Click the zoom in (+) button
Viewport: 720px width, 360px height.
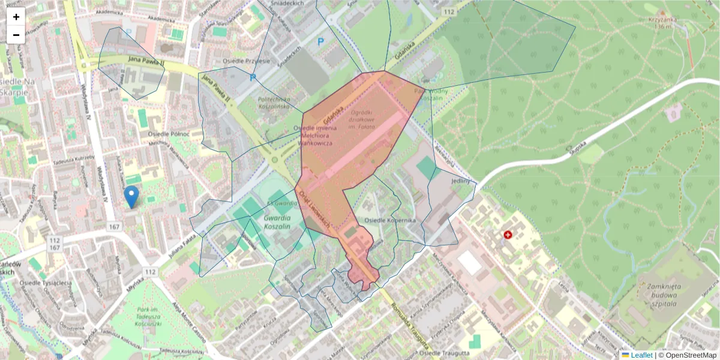point(16,17)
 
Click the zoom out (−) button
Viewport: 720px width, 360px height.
point(16,35)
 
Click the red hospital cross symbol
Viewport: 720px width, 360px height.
point(509,235)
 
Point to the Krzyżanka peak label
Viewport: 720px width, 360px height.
point(662,22)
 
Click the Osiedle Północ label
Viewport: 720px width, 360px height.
point(169,133)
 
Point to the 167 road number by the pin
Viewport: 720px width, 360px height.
point(115,227)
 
